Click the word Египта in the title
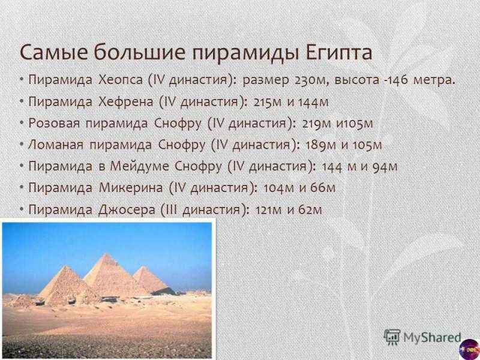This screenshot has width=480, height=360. click(339, 52)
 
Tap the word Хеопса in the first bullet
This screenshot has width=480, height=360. click(121, 80)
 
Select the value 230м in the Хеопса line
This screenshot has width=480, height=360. click(311, 80)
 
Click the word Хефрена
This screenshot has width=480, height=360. click(126, 101)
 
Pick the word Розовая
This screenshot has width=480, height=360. click(54, 123)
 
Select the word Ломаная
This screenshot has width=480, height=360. click(56, 145)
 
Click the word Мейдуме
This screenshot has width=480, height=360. click(139, 166)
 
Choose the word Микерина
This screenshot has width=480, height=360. click(131, 187)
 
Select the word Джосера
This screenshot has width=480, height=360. click(127, 209)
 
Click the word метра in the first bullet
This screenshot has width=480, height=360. click(434, 80)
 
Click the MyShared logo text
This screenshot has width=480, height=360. click(432, 337)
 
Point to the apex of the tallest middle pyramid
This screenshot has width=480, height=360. click(106, 254)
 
